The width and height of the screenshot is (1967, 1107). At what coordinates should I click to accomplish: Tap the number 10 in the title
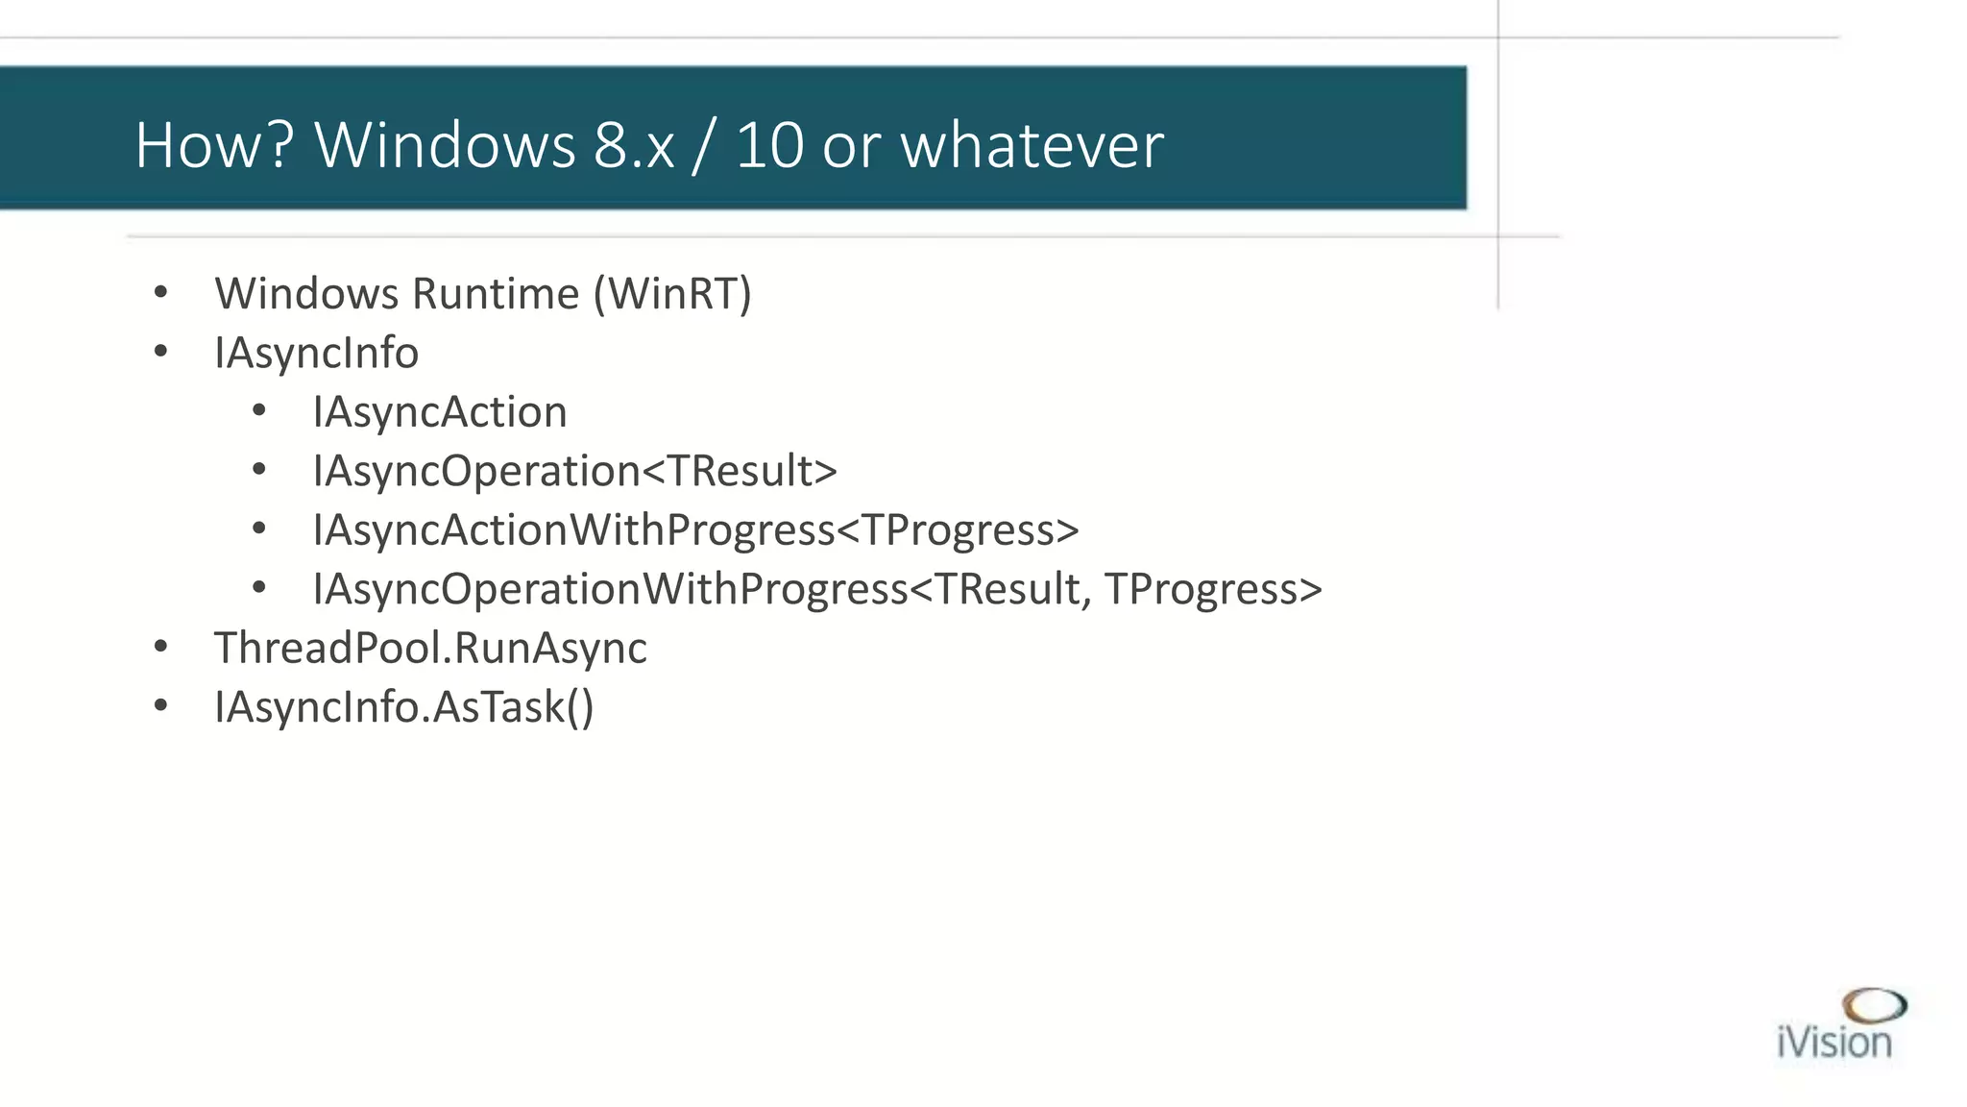(x=769, y=146)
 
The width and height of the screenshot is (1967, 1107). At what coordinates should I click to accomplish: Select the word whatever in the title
(x=1032, y=146)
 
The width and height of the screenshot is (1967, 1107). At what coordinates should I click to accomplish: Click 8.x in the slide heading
(x=634, y=146)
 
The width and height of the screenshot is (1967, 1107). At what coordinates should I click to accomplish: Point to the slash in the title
(x=704, y=146)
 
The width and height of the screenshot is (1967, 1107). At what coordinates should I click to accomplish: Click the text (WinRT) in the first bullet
(x=672, y=294)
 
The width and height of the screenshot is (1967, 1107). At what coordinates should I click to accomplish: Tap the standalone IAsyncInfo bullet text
(x=316, y=354)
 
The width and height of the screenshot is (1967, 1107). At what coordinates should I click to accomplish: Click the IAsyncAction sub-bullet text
(x=439, y=412)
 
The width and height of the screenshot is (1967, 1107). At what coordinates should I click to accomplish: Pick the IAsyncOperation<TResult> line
(x=574, y=471)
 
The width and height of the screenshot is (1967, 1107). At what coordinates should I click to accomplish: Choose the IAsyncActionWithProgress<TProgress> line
(x=695, y=530)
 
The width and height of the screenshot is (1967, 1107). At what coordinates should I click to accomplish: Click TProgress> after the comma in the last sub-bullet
(x=1213, y=589)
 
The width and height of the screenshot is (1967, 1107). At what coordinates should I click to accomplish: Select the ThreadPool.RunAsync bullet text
(x=429, y=648)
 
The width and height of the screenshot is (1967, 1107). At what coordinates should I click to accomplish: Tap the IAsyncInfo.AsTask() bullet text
(x=403, y=707)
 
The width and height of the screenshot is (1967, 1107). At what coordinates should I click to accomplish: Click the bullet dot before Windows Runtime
(x=160, y=292)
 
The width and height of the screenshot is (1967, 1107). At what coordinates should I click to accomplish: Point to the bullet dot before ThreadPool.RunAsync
(x=160, y=647)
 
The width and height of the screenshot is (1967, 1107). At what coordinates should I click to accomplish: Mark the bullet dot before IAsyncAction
(x=258, y=411)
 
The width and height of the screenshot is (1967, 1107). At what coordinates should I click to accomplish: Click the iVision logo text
(x=1833, y=1043)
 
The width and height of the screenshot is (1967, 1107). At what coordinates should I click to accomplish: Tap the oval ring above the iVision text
(x=1874, y=1005)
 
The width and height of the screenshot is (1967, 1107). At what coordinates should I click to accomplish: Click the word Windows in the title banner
(x=444, y=146)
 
